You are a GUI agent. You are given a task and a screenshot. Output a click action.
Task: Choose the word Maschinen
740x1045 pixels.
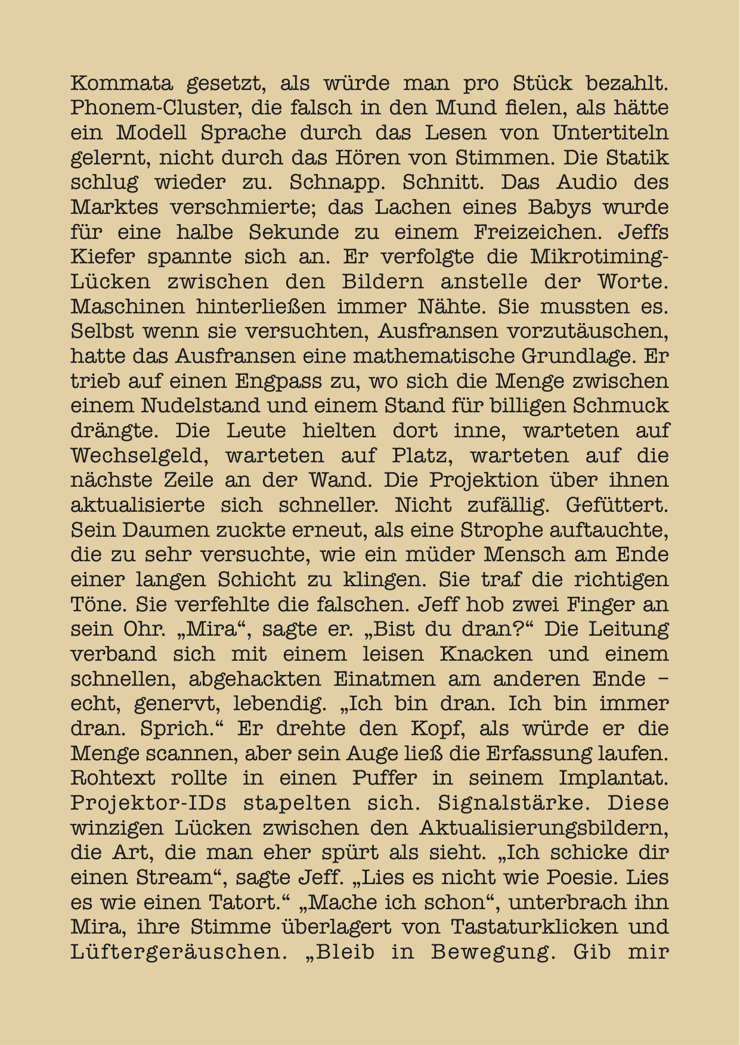tap(128, 307)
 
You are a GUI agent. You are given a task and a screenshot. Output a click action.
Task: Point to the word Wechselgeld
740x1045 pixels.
tap(139, 456)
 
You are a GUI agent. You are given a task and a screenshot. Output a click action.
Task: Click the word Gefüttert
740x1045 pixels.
tap(617, 506)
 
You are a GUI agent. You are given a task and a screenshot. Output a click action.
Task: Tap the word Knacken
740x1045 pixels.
tap(486, 654)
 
